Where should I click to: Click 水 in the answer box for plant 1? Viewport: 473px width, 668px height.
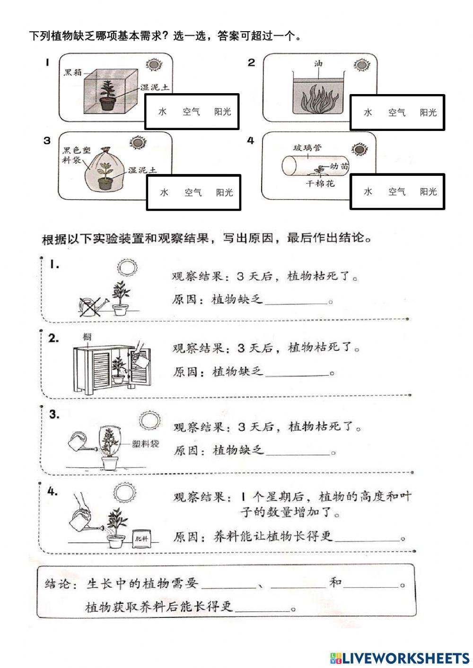coord(163,112)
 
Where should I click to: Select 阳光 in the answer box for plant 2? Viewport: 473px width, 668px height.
coord(428,113)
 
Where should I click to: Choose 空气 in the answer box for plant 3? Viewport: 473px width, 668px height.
coord(193,192)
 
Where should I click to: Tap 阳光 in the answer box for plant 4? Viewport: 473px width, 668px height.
coord(428,191)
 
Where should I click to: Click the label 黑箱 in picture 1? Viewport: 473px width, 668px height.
coord(73,73)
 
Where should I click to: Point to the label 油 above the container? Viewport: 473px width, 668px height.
coord(318,63)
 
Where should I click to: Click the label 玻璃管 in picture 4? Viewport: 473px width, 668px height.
coord(307,148)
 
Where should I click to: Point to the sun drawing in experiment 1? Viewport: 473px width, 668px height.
coord(127,269)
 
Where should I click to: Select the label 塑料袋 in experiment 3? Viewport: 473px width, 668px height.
coord(146,444)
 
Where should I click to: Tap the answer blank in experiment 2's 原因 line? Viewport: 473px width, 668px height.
coord(297,373)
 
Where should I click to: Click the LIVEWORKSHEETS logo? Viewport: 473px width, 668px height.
coord(399,658)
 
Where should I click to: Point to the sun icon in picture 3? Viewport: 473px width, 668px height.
coord(137,142)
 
